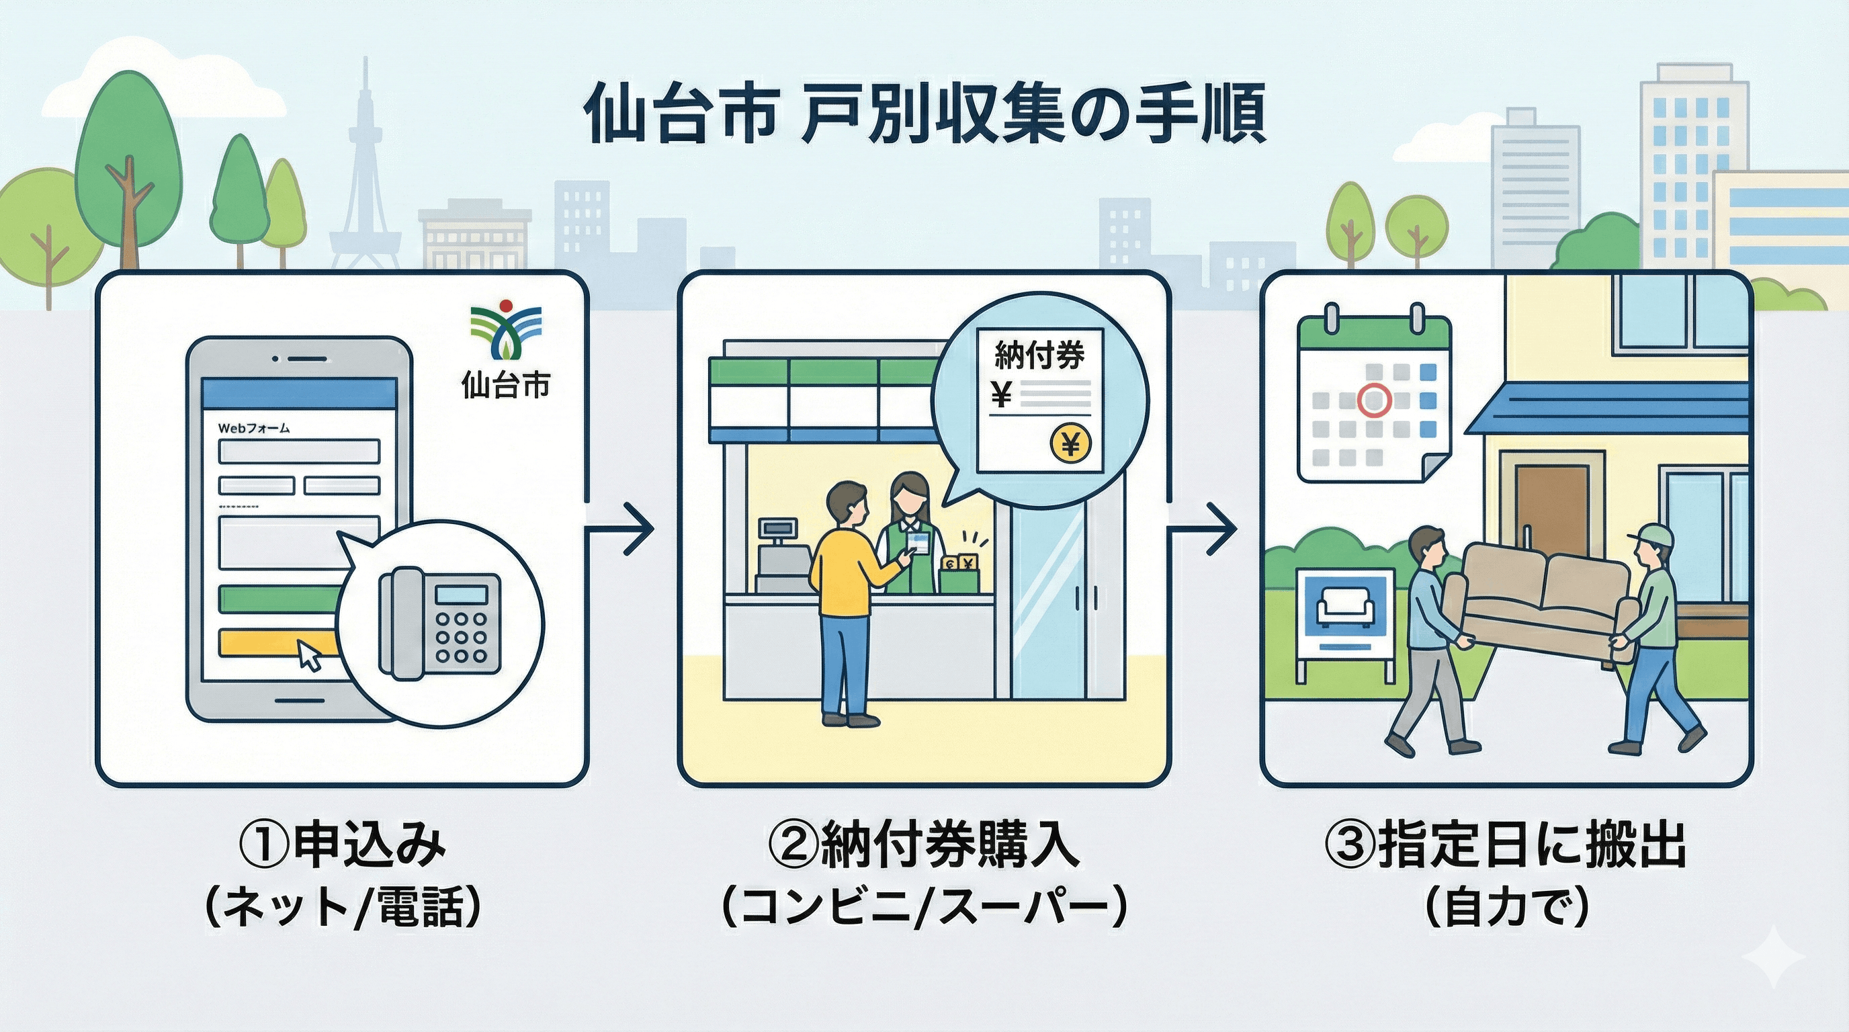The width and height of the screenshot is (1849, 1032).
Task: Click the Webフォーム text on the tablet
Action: [x=253, y=429]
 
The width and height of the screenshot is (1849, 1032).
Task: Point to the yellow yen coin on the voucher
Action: [x=1070, y=445]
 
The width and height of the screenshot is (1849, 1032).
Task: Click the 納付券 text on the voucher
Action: [x=1039, y=355]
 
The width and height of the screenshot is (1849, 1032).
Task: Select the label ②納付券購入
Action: [x=924, y=847]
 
